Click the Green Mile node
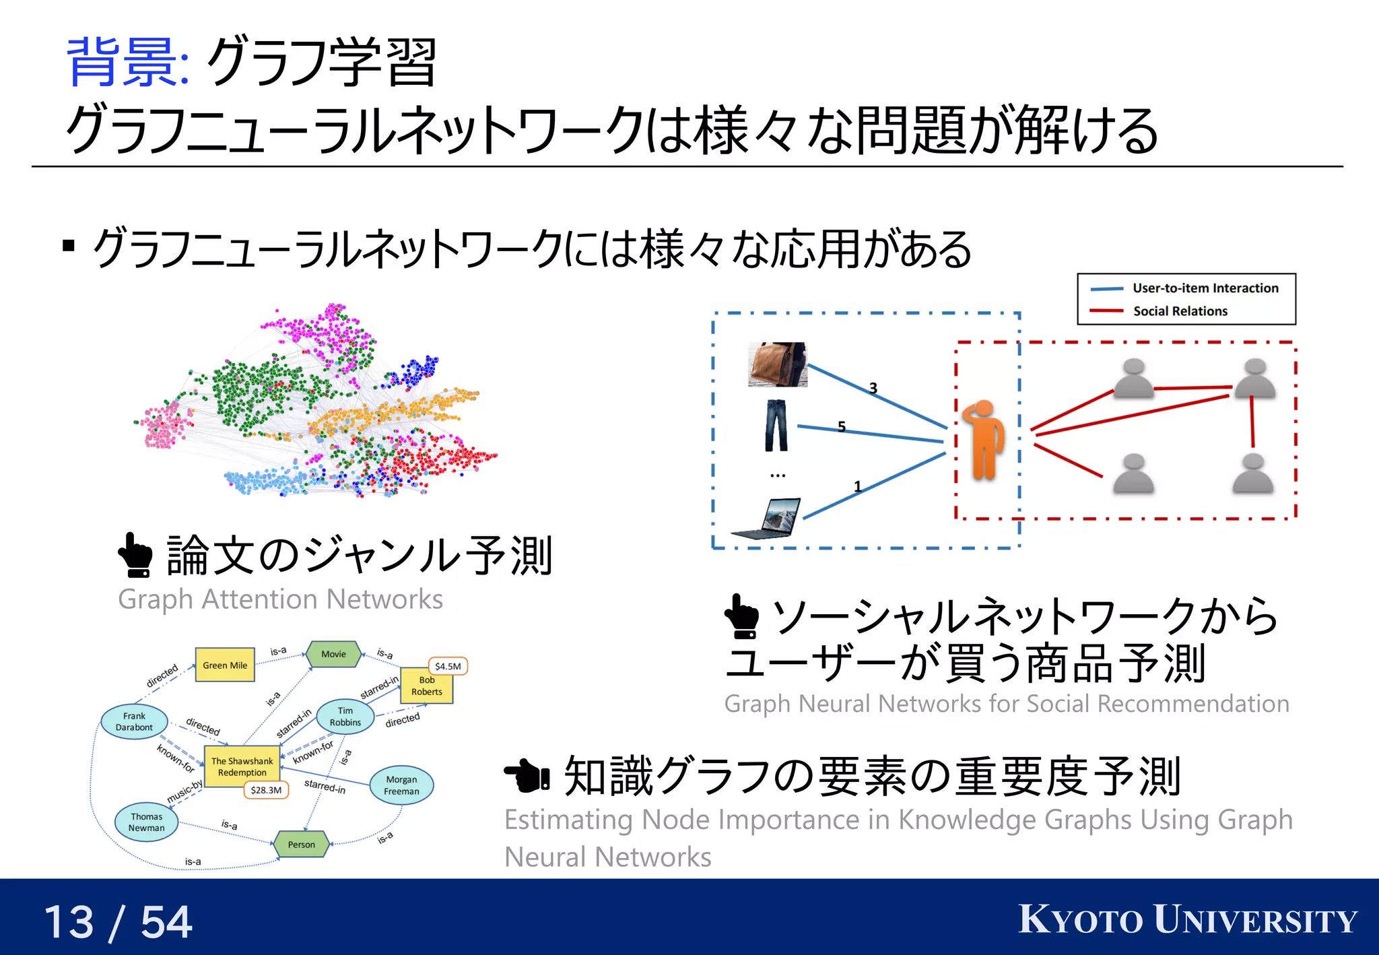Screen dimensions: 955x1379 point(225,665)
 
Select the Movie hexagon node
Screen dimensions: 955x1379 point(333,654)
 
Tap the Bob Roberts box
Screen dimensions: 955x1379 point(427,686)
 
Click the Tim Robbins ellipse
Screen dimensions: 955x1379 point(345,717)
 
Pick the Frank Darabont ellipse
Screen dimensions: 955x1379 point(134,721)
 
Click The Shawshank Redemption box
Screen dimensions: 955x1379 point(242,766)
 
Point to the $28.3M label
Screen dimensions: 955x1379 point(266,790)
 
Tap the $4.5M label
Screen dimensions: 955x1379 point(448,666)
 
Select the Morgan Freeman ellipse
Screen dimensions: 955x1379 point(401,785)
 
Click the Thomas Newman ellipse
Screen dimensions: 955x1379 point(146,822)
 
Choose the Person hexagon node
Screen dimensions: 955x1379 point(301,844)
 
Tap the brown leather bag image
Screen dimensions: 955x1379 point(778,364)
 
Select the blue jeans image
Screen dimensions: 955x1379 point(776,426)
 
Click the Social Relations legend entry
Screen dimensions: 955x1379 point(1180,311)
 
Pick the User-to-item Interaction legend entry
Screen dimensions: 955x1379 point(1205,288)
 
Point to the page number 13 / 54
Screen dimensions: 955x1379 point(119,922)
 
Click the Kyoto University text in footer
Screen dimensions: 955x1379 point(1187,920)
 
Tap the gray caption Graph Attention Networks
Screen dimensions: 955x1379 point(280,599)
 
